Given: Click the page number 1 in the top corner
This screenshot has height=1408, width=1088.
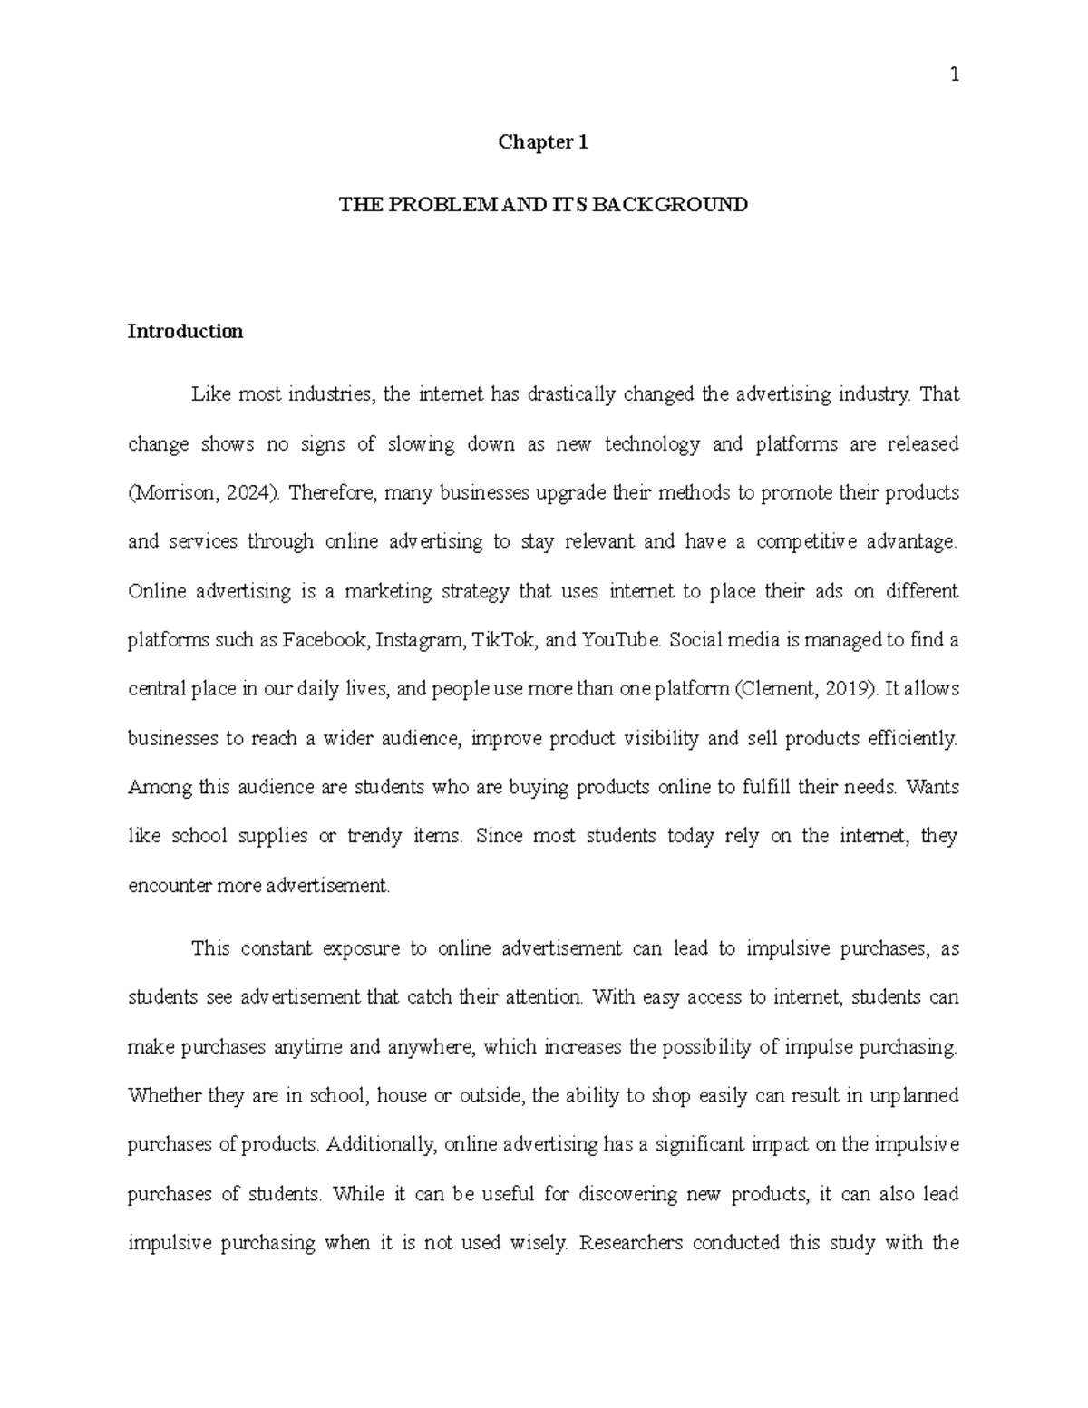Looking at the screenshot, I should click(x=954, y=75).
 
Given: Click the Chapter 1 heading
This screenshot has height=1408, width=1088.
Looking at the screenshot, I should click(x=543, y=141).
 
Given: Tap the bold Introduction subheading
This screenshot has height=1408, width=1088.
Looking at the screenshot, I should click(x=185, y=331).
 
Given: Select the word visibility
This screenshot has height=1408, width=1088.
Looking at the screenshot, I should click(x=661, y=738).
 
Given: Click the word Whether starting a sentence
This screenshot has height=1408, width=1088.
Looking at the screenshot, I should click(x=164, y=1095).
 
